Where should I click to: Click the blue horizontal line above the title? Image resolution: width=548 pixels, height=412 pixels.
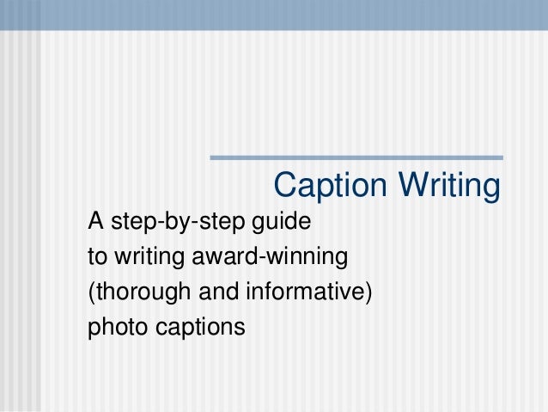356,157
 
